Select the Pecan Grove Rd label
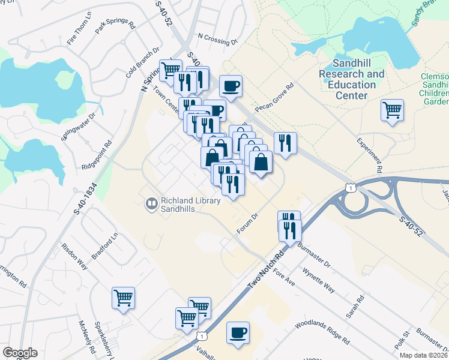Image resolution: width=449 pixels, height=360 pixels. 274,97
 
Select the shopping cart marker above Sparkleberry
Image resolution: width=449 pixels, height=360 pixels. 123,297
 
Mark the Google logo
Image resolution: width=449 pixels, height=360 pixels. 20,353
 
